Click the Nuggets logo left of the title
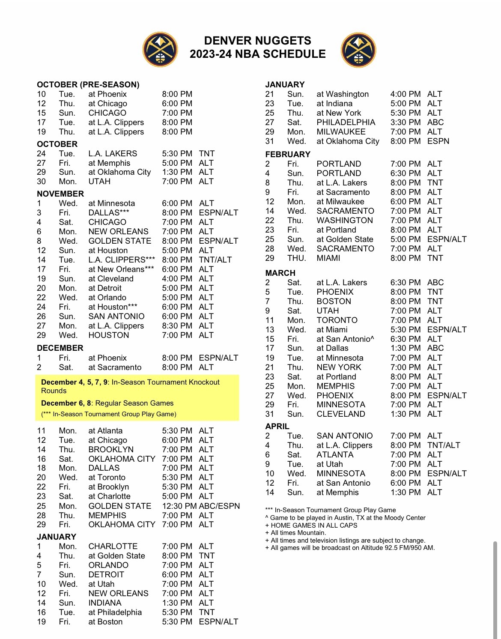click(160, 49)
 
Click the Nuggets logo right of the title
click(358, 50)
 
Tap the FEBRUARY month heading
click(287, 154)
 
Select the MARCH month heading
click(280, 273)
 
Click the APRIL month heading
click(277, 426)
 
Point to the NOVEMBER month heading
click(60, 194)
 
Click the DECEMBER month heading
click(60, 348)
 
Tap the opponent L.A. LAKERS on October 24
click(113, 153)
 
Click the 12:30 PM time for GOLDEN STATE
click(179, 506)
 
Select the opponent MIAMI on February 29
click(328, 258)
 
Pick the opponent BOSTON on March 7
click(334, 301)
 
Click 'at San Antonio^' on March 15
click(345, 339)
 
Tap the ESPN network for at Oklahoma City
click(438, 141)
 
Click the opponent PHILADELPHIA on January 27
click(346, 122)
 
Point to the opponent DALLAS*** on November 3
click(110, 212)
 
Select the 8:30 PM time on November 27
click(177, 325)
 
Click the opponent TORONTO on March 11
click(337, 320)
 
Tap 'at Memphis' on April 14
click(337, 492)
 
